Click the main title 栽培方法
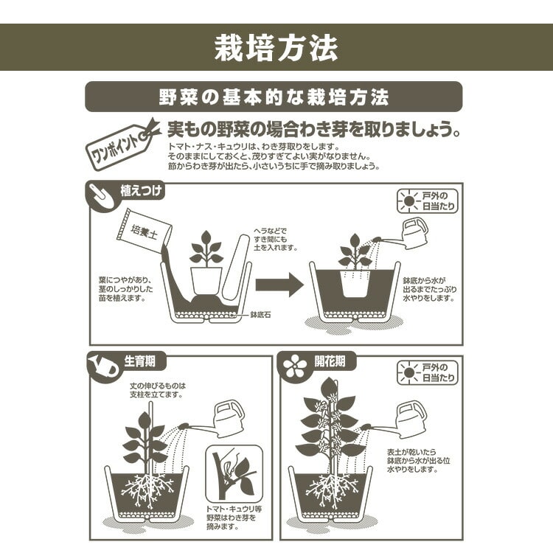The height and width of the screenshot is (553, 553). (276, 48)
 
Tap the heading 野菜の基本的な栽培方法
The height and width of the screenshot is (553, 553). (274, 97)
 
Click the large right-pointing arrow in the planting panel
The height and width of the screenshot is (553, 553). (279, 284)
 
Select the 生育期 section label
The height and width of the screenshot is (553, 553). (140, 361)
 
